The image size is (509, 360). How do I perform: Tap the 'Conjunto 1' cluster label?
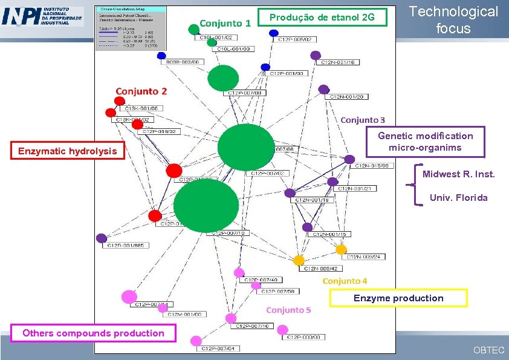coord(225,24)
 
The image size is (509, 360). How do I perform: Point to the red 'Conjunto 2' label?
coord(141,91)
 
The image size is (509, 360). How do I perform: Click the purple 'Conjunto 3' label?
coord(362,120)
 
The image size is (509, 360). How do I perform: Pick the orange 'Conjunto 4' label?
coord(345,281)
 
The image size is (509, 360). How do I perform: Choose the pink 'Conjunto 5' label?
coord(288,310)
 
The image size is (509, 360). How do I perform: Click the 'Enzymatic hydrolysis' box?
coord(67,151)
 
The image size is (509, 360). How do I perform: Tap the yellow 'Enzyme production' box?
coord(398,298)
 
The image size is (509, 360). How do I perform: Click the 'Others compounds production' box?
coord(92,333)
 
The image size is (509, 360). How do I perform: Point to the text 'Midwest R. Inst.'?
coord(458,174)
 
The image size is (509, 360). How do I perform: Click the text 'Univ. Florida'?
coord(458,197)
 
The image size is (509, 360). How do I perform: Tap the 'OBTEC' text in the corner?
coord(488,350)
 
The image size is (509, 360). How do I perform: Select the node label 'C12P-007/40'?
coord(261,280)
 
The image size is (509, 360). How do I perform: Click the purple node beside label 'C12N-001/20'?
coord(323,90)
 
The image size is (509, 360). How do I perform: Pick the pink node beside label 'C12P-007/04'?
coord(195,342)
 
